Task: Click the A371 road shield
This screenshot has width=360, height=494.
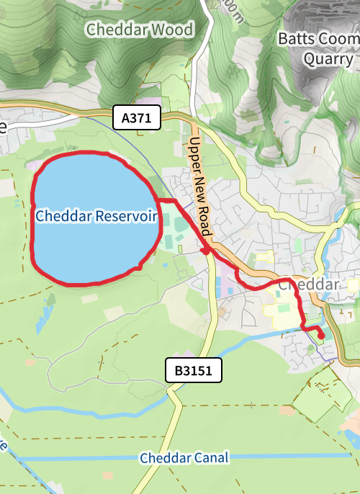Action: (136, 119)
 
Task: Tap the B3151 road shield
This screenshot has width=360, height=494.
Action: (194, 372)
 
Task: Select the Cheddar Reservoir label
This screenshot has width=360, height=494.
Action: (95, 216)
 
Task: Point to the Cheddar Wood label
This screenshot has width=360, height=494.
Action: (140, 30)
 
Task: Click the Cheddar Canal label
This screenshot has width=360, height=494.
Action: (184, 458)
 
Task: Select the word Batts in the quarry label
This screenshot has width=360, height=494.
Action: (294, 38)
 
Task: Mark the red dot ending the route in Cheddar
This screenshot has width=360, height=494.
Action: (320, 335)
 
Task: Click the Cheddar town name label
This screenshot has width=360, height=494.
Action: (307, 284)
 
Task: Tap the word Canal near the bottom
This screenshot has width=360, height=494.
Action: (211, 458)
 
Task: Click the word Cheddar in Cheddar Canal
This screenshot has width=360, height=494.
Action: (165, 458)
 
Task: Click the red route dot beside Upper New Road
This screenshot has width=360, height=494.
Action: (205, 251)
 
